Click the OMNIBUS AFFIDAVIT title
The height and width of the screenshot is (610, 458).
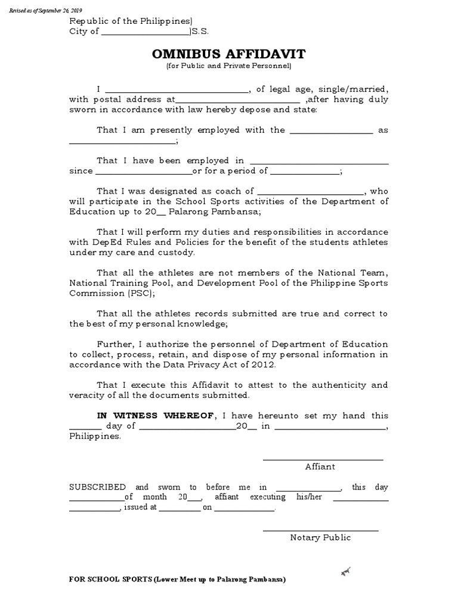228,54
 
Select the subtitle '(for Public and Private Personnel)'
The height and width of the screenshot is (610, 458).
228,67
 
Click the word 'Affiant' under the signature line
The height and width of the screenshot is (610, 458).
320,466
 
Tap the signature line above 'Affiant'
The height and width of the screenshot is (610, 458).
323,459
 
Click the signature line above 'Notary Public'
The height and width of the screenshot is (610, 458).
320,530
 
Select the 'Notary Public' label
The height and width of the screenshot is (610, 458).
320,537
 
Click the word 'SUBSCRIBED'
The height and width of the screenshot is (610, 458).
97,487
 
